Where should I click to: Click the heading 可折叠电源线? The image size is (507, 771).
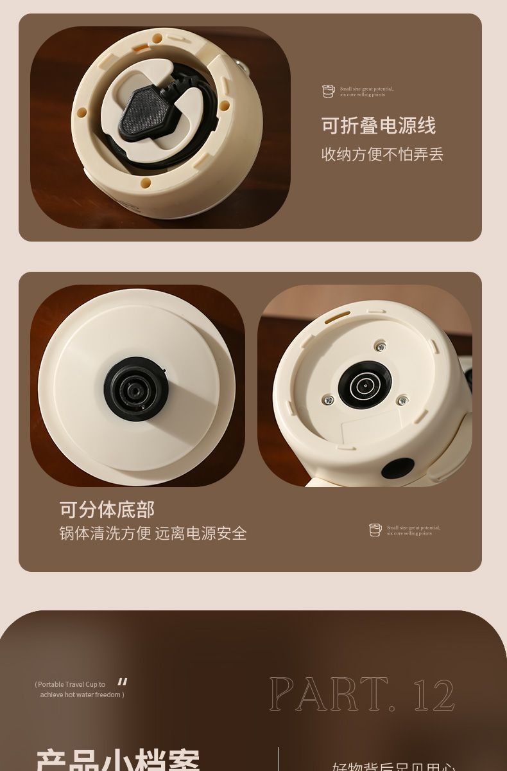click(x=378, y=126)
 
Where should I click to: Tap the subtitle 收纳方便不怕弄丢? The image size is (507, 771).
click(x=382, y=155)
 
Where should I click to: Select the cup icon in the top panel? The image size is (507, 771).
click(x=329, y=91)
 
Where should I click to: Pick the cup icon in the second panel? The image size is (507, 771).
click(x=375, y=530)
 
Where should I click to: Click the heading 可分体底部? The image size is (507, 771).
click(x=107, y=510)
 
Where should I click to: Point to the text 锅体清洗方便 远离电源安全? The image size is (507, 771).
click(x=153, y=533)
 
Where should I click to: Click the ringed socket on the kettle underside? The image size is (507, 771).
click(x=365, y=385)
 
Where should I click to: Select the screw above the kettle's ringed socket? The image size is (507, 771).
click(x=381, y=347)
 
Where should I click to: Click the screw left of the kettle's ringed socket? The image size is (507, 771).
click(x=329, y=400)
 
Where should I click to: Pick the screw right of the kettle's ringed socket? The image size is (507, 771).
click(x=402, y=401)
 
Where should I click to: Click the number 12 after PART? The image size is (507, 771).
click(x=434, y=695)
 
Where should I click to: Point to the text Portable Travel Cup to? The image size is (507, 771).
click(x=71, y=685)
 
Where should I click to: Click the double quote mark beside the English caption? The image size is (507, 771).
click(x=123, y=682)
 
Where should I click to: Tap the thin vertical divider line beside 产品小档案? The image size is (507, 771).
click(x=279, y=759)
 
